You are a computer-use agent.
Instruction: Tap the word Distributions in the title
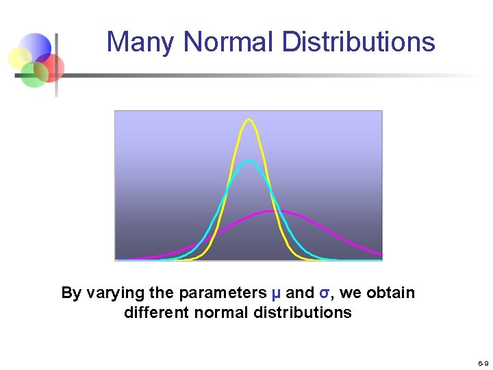click(358, 42)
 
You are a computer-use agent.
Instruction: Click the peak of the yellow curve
click(249, 120)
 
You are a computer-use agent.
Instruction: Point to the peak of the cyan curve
click(249, 161)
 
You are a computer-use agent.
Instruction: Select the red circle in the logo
click(51, 67)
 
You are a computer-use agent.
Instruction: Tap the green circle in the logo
click(32, 74)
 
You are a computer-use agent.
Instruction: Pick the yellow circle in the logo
click(20, 58)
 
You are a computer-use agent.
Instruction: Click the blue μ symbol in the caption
click(276, 293)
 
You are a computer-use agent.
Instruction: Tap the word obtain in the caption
click(390, 293)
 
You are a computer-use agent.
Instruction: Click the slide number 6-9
click(483, 362)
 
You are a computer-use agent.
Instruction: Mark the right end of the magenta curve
click(381, 256)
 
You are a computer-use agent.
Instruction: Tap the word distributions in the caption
click(303, 313)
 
